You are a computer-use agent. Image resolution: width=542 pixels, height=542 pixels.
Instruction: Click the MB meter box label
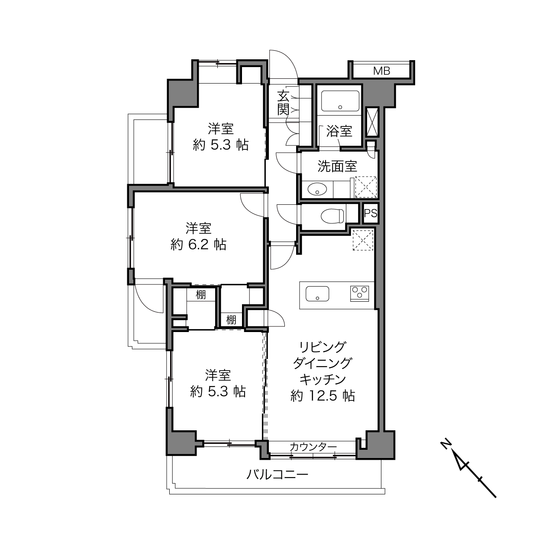(381, 71)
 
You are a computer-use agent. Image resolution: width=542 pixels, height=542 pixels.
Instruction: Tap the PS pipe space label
(371, 213)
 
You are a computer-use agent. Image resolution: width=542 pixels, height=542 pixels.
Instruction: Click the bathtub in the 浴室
(340, 101)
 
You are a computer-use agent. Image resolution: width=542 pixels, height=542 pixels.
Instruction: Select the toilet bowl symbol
(332, 216)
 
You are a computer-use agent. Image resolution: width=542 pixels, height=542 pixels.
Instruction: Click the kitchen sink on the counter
(317, 294)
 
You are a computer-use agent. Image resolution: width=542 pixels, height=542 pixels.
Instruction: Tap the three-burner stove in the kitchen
(359, 294)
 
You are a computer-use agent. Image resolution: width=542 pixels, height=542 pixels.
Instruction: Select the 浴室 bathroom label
(339, 131)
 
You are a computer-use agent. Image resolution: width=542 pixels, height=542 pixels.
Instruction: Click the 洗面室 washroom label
(337, 166)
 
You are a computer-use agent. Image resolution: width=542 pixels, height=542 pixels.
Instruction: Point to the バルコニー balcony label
(277, 474)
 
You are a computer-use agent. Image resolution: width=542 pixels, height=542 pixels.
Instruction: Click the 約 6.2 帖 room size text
(198, 245)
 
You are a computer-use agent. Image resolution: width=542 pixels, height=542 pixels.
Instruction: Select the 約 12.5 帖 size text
(323, 396)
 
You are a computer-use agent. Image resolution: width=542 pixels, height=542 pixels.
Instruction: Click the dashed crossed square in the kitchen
(363, 240)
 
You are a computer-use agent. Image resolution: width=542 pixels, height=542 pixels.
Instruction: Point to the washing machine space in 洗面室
(366, 187)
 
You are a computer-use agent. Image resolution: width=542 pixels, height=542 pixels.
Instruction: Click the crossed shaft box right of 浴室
(372, 123)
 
